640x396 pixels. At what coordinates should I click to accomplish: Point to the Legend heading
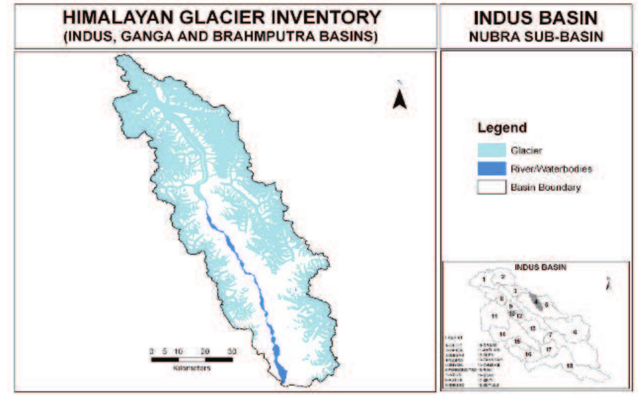502,128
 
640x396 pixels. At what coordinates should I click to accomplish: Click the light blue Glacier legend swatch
492,150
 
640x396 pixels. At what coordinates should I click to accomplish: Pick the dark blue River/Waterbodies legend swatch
492,169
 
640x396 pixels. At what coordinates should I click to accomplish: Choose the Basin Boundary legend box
492,187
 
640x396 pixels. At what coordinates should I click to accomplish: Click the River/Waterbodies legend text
551,169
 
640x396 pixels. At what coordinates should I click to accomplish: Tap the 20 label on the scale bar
205,351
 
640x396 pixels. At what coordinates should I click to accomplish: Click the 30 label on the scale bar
232,351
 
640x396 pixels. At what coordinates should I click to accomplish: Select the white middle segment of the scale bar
192,359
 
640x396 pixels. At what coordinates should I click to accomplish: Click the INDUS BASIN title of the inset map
540,268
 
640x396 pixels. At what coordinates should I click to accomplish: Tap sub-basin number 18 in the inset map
569,366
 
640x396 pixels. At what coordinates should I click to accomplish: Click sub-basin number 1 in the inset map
484,279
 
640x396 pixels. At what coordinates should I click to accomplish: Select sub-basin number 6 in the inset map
575,332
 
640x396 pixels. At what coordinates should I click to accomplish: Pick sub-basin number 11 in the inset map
494,316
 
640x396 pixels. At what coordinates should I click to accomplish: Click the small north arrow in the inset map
608,284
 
